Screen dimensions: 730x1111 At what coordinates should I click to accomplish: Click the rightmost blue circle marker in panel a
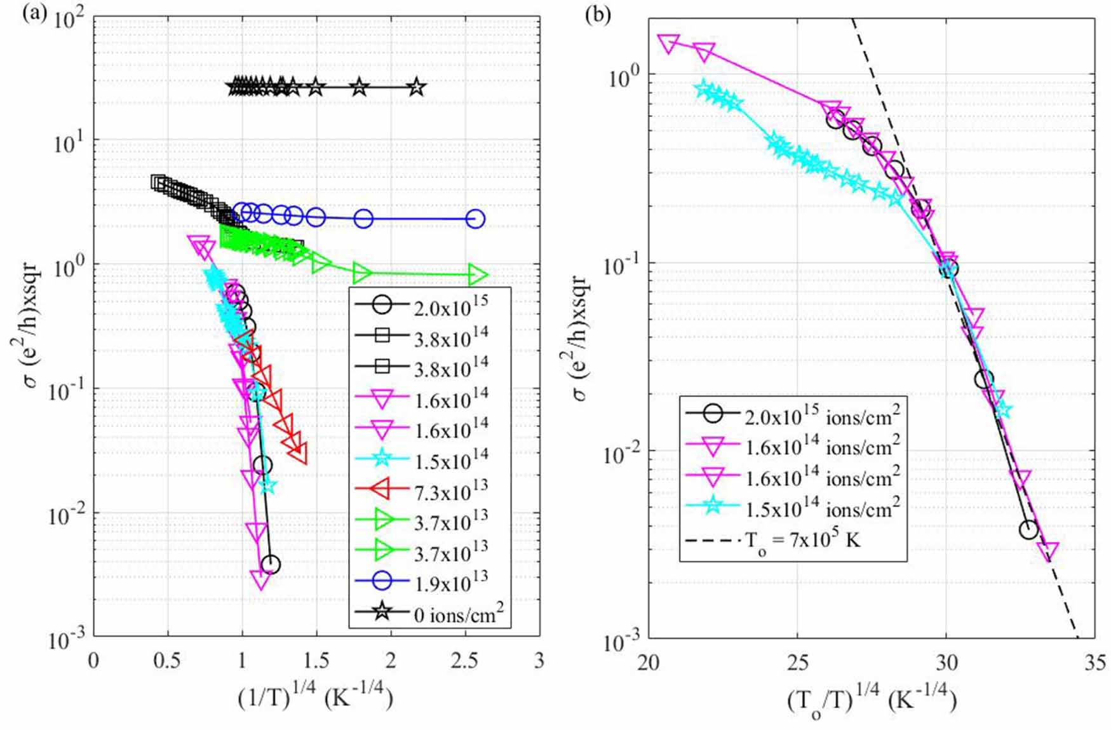(x=475, y=219)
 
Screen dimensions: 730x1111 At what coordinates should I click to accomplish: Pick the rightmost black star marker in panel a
(x=416, y=88)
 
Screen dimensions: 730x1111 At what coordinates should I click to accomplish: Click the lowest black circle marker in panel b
(x=1028, y=530)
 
